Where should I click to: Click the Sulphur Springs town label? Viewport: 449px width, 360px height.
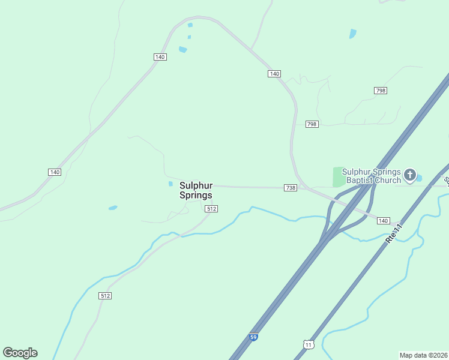pos(196,191)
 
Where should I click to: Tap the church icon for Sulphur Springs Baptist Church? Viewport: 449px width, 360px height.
pos(410,175)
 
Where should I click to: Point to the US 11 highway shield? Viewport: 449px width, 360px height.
pos(308,344)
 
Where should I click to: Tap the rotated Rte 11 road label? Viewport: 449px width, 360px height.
pos(394,231)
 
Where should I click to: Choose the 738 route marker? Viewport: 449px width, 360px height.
pos(291,188)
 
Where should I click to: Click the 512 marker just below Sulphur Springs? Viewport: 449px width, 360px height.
pos(211,209)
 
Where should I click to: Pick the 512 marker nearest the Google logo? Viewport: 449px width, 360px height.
pos(106,296)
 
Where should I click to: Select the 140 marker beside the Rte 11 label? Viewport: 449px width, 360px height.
pos(384,221)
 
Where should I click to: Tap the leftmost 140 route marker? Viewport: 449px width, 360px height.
pos(55,172)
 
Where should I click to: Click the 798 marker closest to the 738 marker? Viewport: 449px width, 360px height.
pos(311,124)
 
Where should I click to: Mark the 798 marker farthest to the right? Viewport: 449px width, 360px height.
pos(380,91)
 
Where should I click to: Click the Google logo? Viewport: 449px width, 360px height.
pos(20,353)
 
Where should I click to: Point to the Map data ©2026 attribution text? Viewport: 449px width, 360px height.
pos(424,355)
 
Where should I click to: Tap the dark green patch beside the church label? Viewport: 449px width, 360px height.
pos(339,177)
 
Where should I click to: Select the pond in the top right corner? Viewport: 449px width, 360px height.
pos(352,34)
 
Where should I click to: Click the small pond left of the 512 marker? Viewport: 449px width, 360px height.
pos(113,208)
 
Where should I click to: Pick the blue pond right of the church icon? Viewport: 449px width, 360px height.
pos(419,178)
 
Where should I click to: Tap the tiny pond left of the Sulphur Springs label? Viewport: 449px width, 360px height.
pos(170,184)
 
